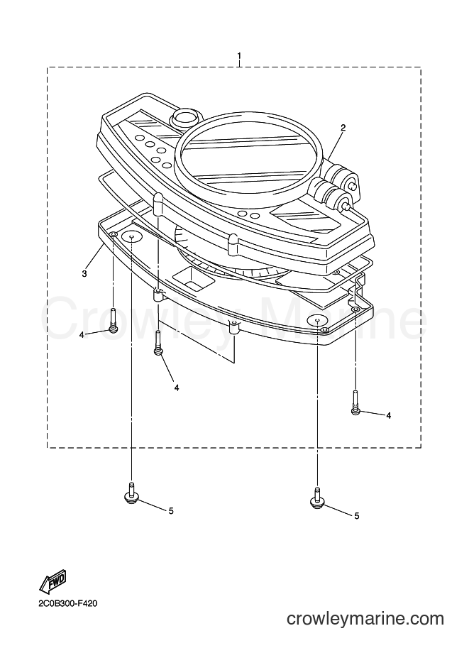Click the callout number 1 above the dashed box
tap(239, 55)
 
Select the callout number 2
tap(343, 128)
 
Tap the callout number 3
tap(84, 273)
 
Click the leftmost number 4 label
tap(82, 335)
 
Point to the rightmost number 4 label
tap(388, 415)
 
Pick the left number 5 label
tap(171, 511)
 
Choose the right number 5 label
tap(357, 516)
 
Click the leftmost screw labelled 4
tap(113, 319)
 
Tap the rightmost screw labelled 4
tap(355, 402)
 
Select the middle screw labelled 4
tap(158, 343)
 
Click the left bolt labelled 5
tap(131, 493)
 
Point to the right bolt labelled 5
tap(316, 497)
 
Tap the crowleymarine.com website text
tap(365, 619)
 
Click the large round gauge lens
tap(248, 158)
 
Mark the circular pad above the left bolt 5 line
tap(131, 237)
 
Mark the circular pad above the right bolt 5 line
tap(317, 319)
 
